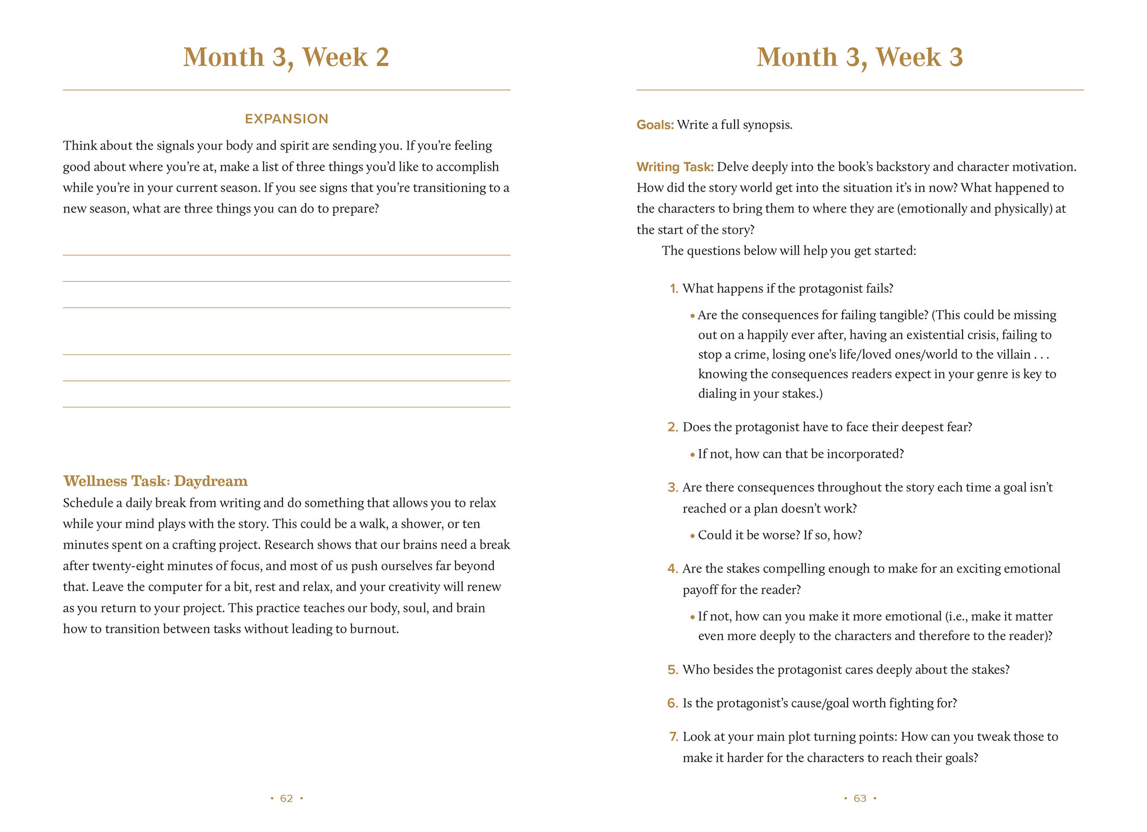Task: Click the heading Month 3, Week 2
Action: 286,57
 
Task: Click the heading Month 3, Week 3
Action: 859,57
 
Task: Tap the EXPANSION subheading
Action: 286,119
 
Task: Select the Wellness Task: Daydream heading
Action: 155,481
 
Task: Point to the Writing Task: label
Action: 675,167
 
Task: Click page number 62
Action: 286,798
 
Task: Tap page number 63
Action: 860,798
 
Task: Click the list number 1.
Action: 674,289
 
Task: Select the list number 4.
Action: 673,569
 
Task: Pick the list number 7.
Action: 673,736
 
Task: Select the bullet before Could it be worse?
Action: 692,536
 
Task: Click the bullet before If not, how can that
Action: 692,455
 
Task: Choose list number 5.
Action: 673,670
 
